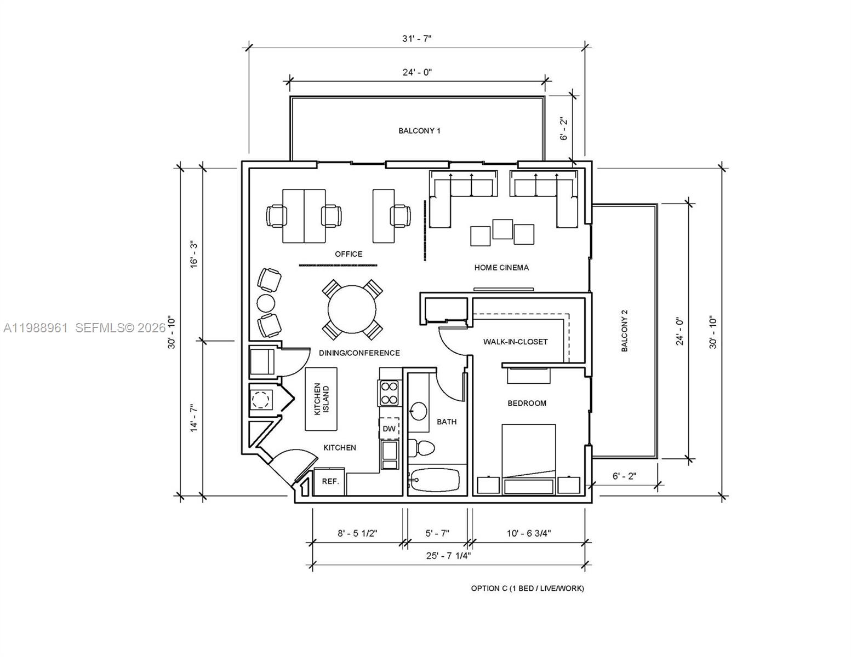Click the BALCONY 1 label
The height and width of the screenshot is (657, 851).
point(419,131)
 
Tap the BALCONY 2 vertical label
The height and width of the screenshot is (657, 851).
point(624,331)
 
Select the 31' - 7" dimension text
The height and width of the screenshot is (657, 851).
point(416,38)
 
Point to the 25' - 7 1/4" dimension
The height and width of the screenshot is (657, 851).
point(448,555)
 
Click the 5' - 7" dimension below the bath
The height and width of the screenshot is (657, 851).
point(437,533)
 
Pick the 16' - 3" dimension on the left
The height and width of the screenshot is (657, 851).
point(193,254)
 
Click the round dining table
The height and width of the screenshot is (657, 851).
point(352,309)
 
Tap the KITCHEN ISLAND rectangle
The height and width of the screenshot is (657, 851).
point(321,399)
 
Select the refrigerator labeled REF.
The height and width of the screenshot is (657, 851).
point(330,482)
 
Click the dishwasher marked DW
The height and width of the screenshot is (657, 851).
point(389,428)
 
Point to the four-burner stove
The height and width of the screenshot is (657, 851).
point(389,393)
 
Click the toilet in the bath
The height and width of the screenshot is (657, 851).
point(422,447)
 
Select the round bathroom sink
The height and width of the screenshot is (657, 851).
point(419,411)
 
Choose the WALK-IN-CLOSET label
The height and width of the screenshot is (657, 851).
point(515,342)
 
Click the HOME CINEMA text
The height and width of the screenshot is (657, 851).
point(501,268)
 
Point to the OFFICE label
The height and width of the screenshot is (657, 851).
point(349,254)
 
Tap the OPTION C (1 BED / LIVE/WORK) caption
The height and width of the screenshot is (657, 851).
point(527,589)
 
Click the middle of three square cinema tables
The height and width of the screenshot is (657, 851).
point(502,229)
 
